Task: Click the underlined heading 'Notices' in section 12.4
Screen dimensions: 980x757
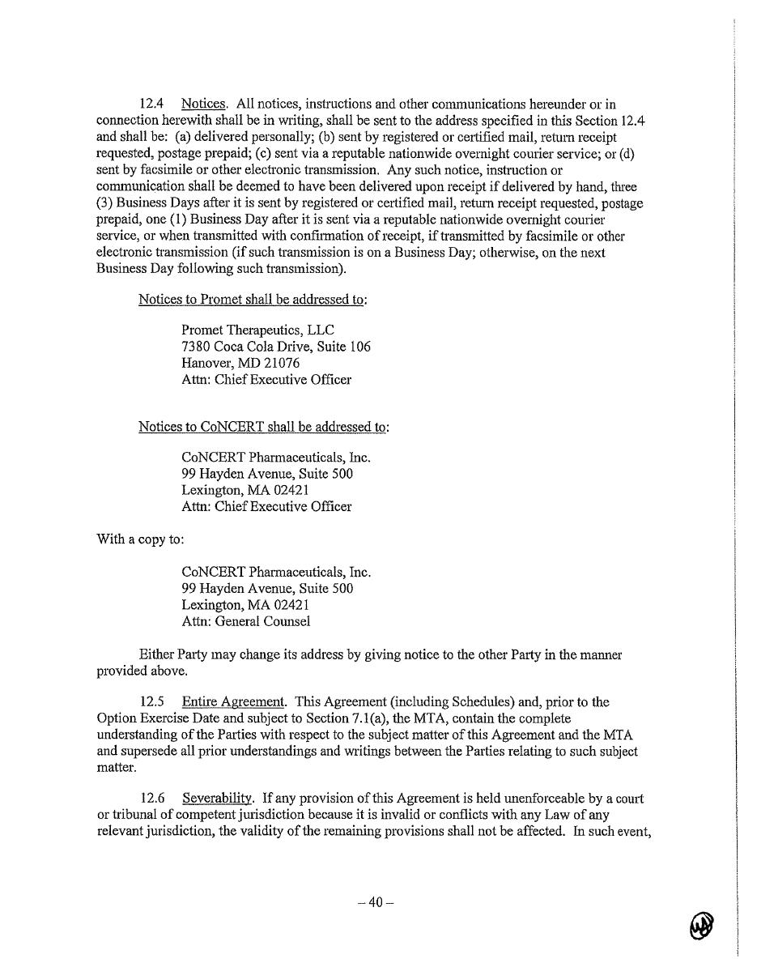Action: click(203, 104)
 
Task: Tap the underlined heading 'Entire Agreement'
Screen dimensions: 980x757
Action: click(233, 701)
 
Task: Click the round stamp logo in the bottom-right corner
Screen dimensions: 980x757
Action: click(702, 925)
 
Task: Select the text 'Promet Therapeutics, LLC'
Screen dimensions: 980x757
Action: click(257, 330)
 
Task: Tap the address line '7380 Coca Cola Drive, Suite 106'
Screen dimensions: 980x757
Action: click(276, 347)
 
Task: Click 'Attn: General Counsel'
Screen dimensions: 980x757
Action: click(246, 621)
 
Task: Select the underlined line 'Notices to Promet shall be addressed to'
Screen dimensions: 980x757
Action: click(251, 299)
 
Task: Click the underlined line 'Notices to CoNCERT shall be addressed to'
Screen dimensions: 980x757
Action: click(262, 427)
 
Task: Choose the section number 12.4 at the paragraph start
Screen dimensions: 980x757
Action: click(153, 104)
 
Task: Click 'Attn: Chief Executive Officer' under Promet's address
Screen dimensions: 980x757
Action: click(266, 379)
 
